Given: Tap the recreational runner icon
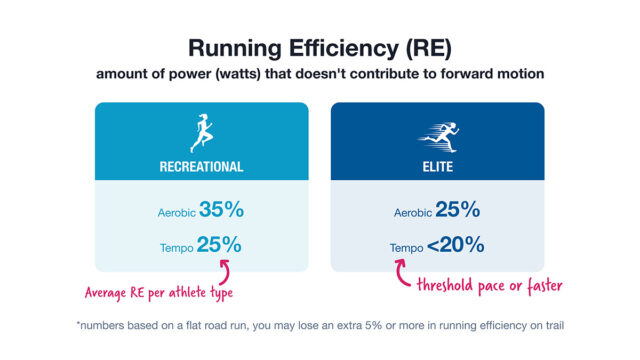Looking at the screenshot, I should (x=202, y=131).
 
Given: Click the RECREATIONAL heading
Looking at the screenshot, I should (x=202, y=166).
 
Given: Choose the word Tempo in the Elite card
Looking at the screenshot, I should (x=407, y=246).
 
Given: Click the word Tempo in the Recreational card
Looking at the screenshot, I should (x=176, y=246).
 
